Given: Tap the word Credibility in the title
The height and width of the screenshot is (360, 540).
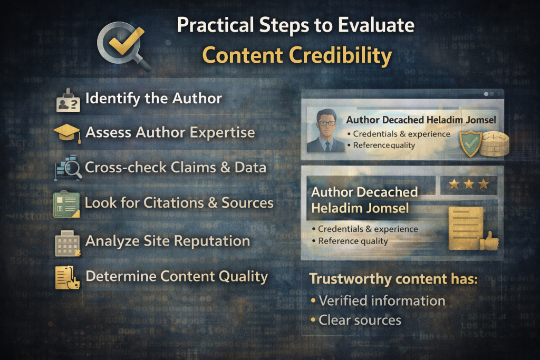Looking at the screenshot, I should pyautogui.click(x=337, y=56).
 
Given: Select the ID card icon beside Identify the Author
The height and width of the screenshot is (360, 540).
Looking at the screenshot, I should pyautogui.click(x=68, y=102).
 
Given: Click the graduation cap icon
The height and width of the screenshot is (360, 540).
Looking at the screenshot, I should pyautogui.click(x=67, y=133).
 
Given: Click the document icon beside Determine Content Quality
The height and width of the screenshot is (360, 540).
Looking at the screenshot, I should pyautogui.click(x=67, y=278).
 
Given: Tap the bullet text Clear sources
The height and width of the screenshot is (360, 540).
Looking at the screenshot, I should pyautogui.click(x=360, y=319).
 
